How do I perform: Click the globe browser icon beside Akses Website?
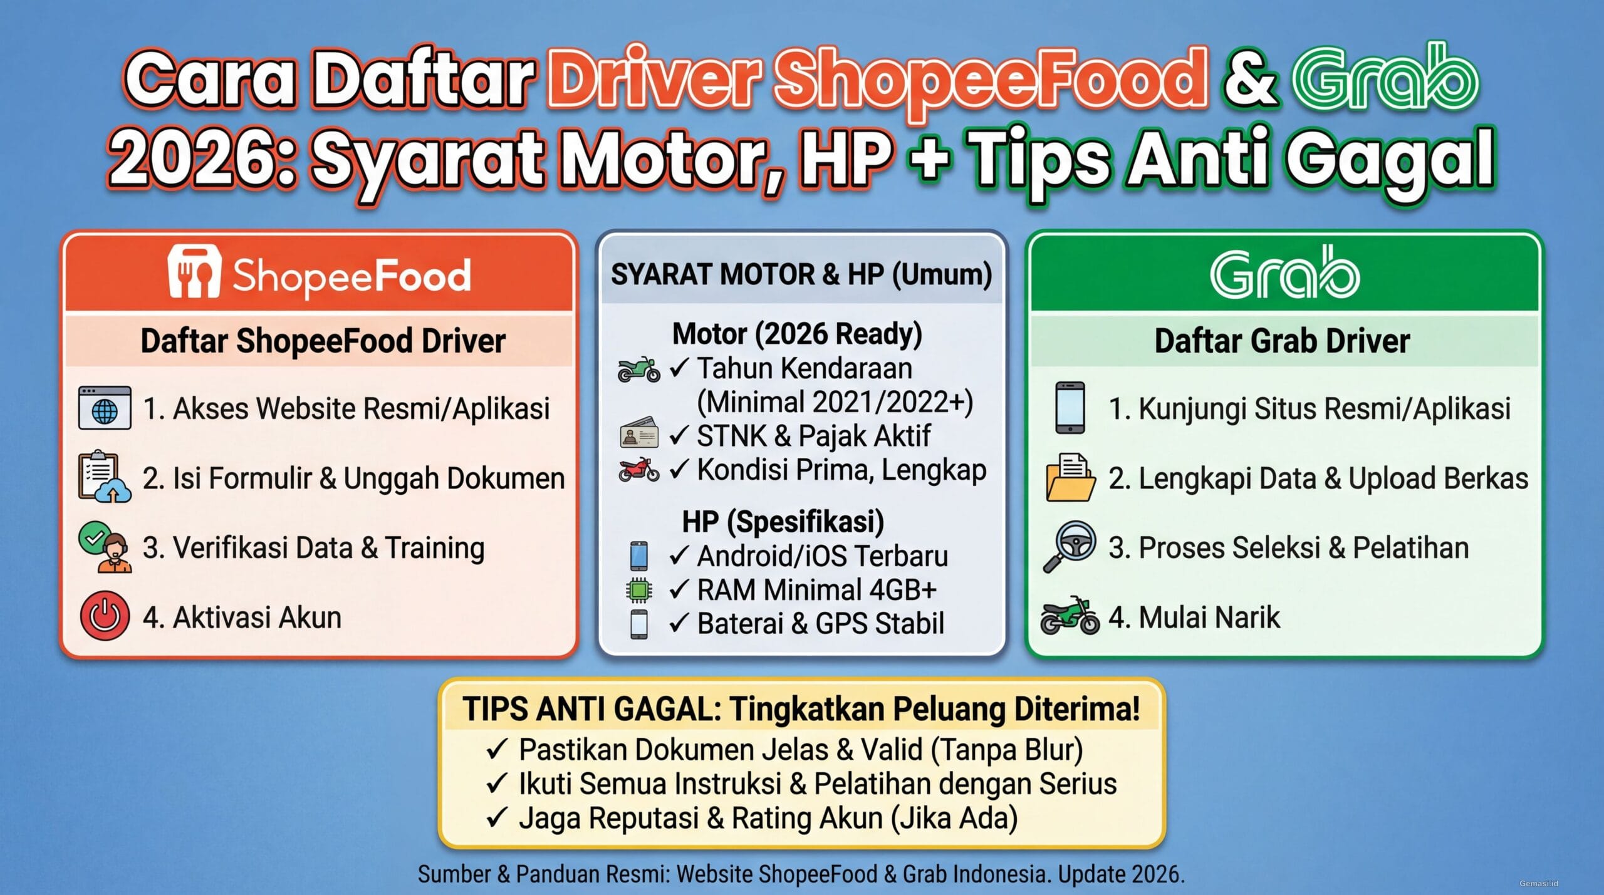(x=105, y=408)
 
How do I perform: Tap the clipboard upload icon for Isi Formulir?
(x=104, y=477)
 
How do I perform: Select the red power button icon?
(x=105, y=616)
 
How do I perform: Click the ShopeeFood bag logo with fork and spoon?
(x=194, y=272)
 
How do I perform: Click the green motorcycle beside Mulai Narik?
(x=1070, y=616)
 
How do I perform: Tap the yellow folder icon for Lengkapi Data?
(x=1070, y=478)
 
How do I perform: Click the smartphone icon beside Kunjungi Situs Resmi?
(x=1070, y=408)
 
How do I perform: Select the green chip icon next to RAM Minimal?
(x=638, y=590)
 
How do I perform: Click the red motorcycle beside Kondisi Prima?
(x=638, y=470)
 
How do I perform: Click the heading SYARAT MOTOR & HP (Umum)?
(x=801, y=274)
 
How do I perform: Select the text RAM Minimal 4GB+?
(x=816, y=590)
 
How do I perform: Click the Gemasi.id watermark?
(x=1538, y=884)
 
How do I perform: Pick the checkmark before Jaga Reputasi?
(x=496, y=818)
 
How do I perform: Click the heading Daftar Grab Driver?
(x=1282, y=341)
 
